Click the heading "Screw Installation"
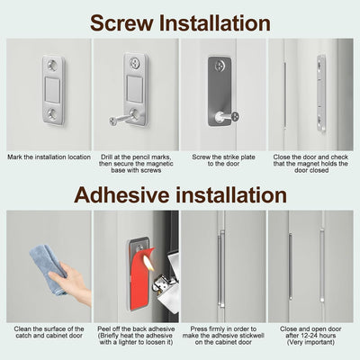(180, 23)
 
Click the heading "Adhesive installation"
(180, 195)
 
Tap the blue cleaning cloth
(48, 267)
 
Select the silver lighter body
(166, 281)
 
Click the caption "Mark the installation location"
(49, 157)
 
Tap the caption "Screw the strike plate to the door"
(223, 160)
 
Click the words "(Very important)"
(310, 342)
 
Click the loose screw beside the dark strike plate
(226, 117)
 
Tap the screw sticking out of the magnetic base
(121, 119)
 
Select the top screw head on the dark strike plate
(220, 66)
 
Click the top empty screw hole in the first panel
(52, 65)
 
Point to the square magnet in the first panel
(53, 89)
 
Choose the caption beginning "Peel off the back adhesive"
(136, 336)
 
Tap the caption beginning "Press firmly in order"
(223, 336)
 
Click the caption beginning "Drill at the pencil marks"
(136, 164)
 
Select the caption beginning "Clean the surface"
(49, 332)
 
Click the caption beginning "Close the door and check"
(310, 164)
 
